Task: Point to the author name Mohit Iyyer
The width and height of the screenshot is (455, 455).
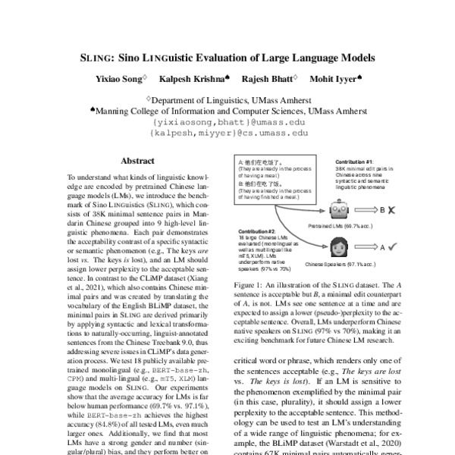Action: pyautogui.click(x=336, y=79)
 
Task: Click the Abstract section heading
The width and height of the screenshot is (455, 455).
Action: pyautogui.click(x=136, y=161)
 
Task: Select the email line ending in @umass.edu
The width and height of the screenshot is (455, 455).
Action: pyautogui.click(x=227, y=121)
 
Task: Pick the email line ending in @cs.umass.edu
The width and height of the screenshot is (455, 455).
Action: pyautogui.click(x=227, y=132)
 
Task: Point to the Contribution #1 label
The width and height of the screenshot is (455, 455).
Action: pyautogui.click(x=353, y=162)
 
